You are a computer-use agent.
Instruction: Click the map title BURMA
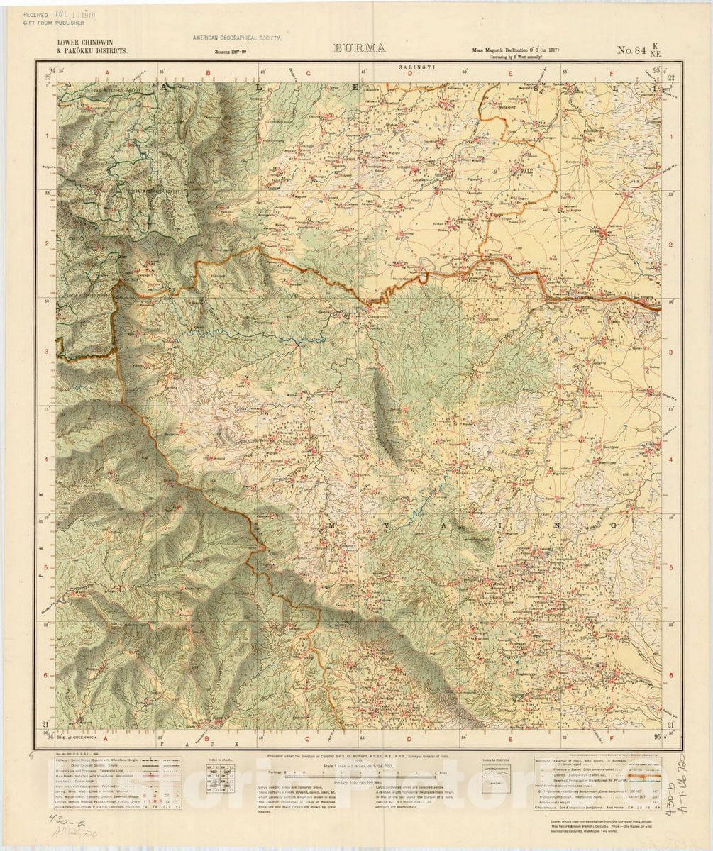pyautogui.click(x=358, y=49)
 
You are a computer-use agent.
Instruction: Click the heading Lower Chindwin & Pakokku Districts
pyautogui.click(x=93, y=48)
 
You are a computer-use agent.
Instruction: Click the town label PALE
pyautogui.click(x=526, y=172)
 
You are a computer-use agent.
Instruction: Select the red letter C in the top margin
pyautogui.click(x=309, y=72)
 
